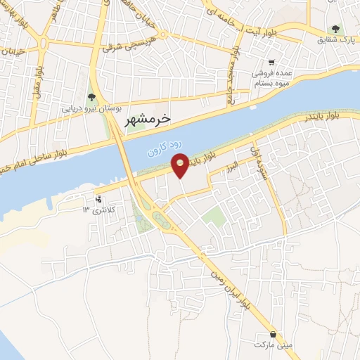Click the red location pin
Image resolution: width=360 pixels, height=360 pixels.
(181, 165)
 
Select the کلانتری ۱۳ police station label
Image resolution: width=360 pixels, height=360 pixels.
(98, 210)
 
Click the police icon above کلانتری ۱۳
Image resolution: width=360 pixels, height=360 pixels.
(98, 199)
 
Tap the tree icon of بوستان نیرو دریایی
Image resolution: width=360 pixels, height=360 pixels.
(90, 98)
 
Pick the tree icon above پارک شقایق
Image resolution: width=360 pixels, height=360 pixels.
(335, 29)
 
